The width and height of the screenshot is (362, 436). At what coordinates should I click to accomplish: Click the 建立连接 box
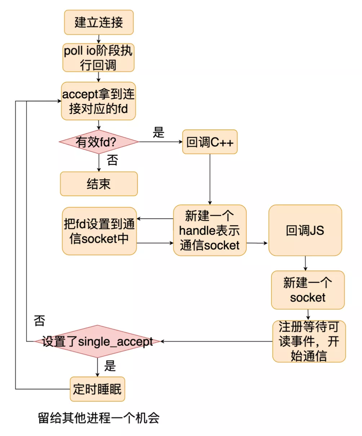(x=99, y=22)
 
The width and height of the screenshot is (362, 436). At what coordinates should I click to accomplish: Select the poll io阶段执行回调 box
(x=98, y=58)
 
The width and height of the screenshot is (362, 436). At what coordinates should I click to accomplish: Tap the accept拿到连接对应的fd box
(x=98, y=101)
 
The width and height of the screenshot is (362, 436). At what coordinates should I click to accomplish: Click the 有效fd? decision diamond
(x=98, y=142)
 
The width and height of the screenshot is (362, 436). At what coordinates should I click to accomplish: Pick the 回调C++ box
(x=209, y=142)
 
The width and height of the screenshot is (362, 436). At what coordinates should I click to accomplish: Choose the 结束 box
(x=98, y=184)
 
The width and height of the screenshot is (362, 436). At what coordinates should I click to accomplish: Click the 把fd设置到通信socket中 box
(x=99, y=231)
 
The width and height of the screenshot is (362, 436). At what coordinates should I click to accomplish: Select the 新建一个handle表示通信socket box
(x=209, y=231)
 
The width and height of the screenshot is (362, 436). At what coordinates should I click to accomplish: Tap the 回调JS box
(x=305, y=231)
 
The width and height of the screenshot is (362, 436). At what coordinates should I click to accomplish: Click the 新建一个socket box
(x=308, y=290)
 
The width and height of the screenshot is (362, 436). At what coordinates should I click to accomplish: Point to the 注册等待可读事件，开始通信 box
(x=309, y=341)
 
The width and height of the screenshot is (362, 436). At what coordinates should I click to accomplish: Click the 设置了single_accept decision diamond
(x=97, y=341)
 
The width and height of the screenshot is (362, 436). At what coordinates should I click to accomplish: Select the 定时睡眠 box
(x=97, y=389)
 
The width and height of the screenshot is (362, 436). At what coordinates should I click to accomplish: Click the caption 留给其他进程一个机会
(x=98, y=418)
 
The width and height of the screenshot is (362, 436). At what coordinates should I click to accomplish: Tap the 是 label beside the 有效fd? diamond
(x=158, y=132)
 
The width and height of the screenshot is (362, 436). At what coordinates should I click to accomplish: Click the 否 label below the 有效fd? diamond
(x=112, y=160)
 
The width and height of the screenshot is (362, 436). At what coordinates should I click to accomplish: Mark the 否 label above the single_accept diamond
(x=39, y=320)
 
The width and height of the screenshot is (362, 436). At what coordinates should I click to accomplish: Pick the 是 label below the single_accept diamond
(x=110, y=366)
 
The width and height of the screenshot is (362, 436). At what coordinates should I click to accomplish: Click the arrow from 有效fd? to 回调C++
(x=160, y=142)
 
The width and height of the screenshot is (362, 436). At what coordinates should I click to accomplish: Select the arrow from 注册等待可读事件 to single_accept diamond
(x=216, y=341)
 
